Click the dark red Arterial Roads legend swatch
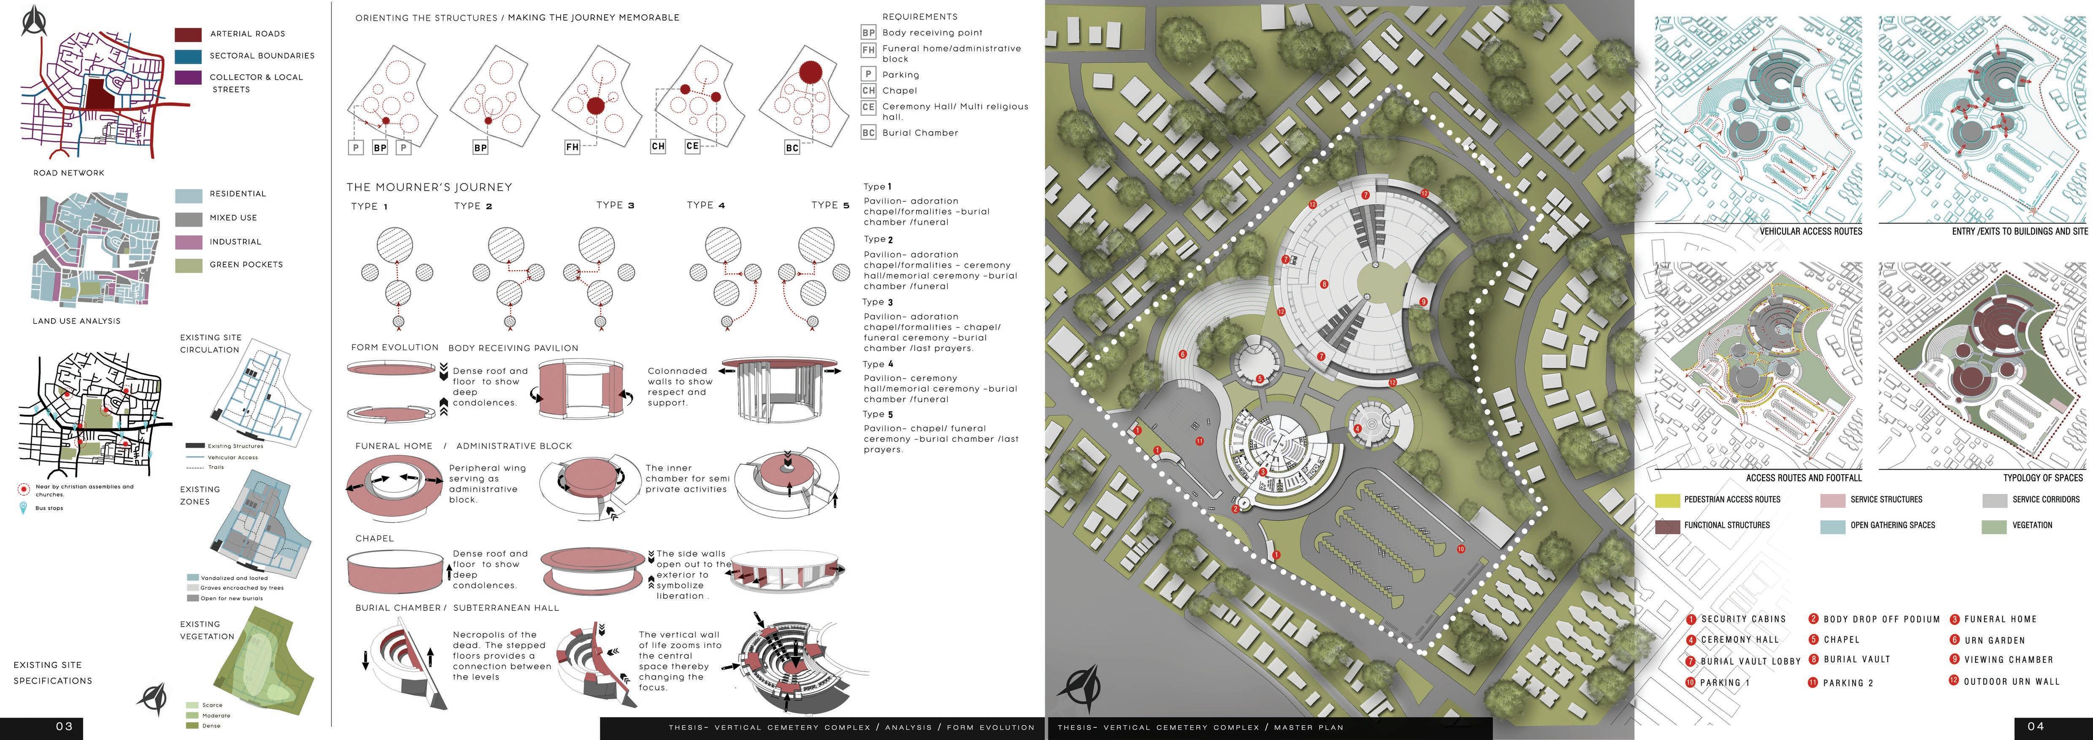pyautogui.click(x=188, y=34)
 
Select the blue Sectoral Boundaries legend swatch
pyautogui.click(x=188, y=56)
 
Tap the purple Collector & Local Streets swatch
pyautogui.click(x=188, y=78)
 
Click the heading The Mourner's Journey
pyautogui.click(x=429, y=187)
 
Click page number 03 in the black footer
pyautogui.click(x=64, y=726)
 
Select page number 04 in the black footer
pyautogui.click(x=2035, y=726)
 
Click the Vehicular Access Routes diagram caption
pyautogui.click(x=1810, y=232)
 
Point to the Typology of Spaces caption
pyautogui.click(x=2043, y=478)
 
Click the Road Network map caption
pyautogui.click(x=69, y=173)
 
